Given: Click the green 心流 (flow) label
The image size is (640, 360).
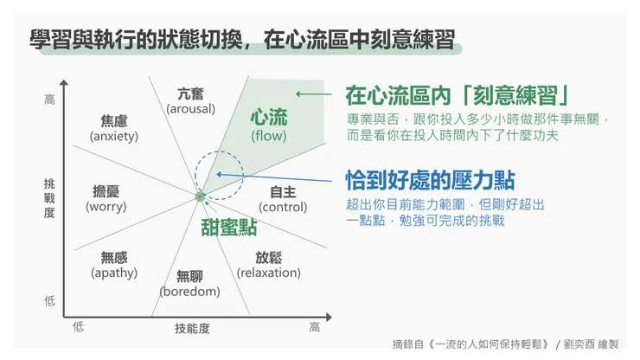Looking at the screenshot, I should (x=268, y=125).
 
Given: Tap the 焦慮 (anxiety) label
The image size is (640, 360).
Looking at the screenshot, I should (x=113, y=127).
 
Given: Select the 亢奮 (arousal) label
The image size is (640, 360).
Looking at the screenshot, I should (x=191, y=100).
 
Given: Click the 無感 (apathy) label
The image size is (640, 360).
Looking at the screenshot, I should (x=114, y=265).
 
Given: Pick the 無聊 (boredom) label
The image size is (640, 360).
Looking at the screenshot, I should (x=189, y=284).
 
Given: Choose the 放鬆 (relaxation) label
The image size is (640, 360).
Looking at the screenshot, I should (x=269, y=265).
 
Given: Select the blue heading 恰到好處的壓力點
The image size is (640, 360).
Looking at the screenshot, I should (x=430, y=180).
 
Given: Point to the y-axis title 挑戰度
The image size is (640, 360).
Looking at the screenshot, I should (x=49, y=198).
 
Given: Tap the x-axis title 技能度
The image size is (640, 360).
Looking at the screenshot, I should (x=192, y=329).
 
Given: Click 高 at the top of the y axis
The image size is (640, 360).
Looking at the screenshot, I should (x=49, y=100).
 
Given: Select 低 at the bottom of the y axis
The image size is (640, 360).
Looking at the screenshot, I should (x=49, y=301).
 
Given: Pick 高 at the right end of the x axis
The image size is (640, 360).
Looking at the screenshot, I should (x=314, y=327).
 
